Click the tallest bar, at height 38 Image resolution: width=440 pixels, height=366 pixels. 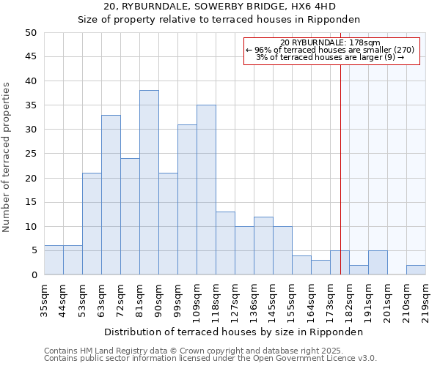[149, 182]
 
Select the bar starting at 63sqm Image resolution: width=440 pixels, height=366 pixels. [111, 195]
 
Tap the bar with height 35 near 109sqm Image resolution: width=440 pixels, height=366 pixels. [206, 190]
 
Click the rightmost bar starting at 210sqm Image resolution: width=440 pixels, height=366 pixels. [416, 269]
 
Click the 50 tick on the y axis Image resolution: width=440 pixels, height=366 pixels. [30, 33]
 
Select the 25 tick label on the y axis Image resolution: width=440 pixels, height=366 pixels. [30, 154]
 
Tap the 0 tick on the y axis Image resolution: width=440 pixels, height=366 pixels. [34, 275]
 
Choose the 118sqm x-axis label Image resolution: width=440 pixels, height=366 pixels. [216, 300]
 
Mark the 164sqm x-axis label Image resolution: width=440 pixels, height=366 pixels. [311, 300]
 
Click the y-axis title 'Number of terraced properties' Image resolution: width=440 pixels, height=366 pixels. [7, 157]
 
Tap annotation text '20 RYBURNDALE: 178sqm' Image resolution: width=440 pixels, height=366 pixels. [330, 42]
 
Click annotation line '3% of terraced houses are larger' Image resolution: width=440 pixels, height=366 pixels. [330, 58]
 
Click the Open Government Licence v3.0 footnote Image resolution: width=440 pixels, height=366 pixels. [210, 359]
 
